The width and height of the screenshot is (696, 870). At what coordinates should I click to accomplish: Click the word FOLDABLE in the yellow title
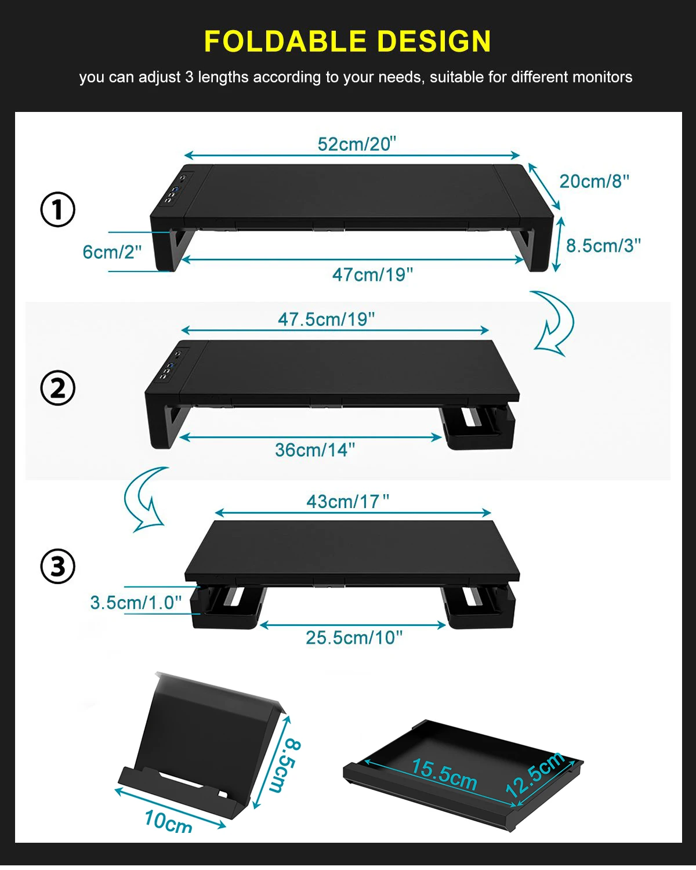click(285, 42)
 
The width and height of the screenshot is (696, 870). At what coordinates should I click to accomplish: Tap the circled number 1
click(58, 209)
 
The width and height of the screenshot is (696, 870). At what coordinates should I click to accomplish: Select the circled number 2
click(58, 387)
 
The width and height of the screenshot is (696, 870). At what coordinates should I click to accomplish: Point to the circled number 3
click(58, 566)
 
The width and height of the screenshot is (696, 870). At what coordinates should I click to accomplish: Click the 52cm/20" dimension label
click(357, 144)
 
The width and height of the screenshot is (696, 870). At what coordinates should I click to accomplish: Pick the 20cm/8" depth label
click(594, 181)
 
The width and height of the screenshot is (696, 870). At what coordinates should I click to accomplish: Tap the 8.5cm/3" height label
click(603, 245)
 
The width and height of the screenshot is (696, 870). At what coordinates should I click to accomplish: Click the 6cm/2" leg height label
click(112, 252)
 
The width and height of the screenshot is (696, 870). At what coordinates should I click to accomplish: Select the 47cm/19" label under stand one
click(372, 275)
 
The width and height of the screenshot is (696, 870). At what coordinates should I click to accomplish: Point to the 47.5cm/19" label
click(326, 320)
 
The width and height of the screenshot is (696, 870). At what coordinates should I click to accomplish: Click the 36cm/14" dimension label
click(314, 450)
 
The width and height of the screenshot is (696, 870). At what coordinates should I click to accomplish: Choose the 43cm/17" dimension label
click(347, 502)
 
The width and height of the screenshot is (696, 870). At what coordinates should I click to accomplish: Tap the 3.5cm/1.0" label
click(136, 603)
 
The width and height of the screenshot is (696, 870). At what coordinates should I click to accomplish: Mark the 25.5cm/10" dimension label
click(354, 637)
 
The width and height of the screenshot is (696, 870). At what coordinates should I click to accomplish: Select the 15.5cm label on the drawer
click(444, 774)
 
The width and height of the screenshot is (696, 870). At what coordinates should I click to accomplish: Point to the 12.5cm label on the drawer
click(535, 774)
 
